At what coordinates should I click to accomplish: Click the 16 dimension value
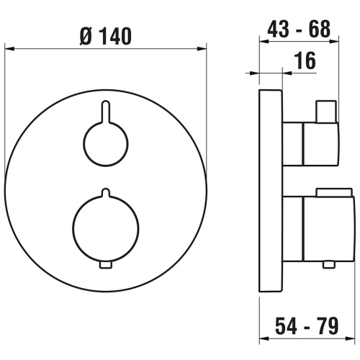[x=305, y=61]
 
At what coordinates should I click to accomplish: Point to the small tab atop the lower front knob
[x=105, y=193]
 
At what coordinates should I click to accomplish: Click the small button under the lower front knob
[x=105, y=266]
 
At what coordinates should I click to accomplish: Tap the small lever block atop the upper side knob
[x=325, y=112]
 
